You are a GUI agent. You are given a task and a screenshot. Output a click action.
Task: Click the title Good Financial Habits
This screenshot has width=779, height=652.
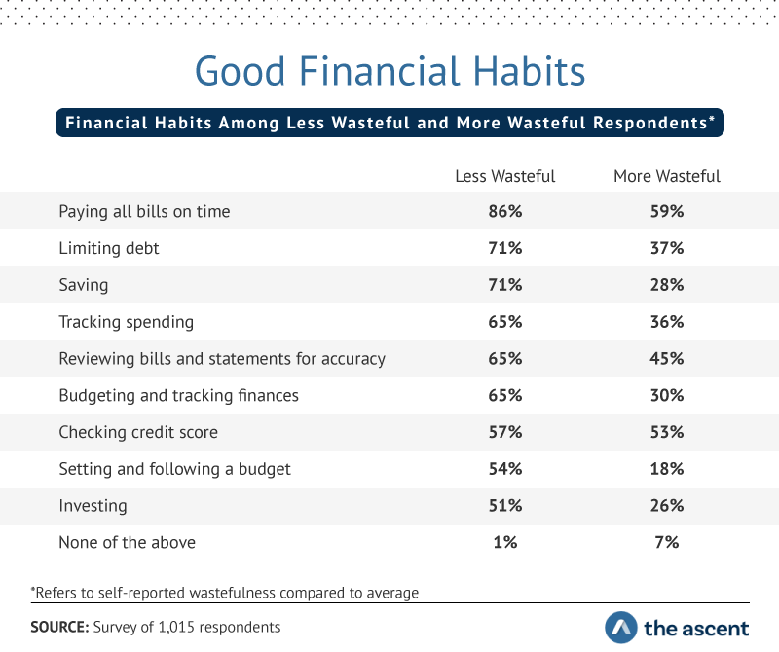390,71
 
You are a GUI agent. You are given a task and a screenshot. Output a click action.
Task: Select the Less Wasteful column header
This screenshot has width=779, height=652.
504,176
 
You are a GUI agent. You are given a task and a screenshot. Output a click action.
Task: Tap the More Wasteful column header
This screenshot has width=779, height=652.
667,176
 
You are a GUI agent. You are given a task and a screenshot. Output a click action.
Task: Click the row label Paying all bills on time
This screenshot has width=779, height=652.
144,212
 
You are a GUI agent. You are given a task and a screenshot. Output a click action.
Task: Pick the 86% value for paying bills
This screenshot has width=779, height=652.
504,211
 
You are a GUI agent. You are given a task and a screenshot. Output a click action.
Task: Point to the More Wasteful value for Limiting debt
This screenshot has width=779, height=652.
667,248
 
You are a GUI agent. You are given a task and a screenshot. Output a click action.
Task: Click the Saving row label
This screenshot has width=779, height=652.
84,285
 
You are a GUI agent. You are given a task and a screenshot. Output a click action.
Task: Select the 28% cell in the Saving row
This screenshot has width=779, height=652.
667,285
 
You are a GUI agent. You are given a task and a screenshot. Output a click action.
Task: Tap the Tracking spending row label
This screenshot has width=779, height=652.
127,322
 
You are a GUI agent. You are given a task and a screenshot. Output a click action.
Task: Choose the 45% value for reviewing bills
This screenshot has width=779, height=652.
667,358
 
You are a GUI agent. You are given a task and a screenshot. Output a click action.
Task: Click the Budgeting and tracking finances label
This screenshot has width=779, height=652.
179,396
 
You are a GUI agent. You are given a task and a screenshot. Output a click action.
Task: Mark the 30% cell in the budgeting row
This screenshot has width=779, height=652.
667,395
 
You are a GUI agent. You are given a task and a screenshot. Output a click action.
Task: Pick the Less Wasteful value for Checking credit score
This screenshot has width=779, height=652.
504,432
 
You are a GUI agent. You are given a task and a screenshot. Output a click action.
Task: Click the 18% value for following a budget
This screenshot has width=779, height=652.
667,469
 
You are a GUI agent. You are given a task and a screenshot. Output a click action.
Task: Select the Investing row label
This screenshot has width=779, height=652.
93,506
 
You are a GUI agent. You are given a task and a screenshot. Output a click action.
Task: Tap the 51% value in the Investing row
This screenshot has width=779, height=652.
504,505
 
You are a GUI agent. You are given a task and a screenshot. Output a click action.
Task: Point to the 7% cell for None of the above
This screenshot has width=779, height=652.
667,542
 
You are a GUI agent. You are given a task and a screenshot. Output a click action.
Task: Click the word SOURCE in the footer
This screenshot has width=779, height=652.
59,627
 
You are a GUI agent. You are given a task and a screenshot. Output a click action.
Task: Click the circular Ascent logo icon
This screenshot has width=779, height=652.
621,628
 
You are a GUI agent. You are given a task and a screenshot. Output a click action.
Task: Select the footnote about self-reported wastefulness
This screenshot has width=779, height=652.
225,593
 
